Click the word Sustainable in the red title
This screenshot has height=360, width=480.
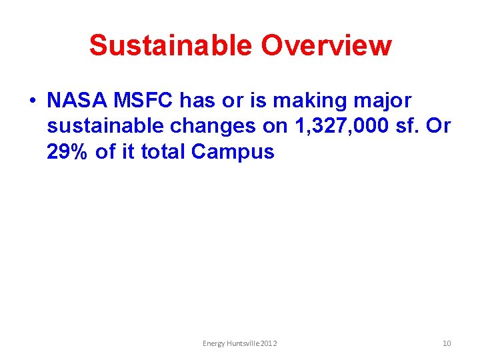tap(171, 45)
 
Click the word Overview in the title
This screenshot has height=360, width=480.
tap(327, 45)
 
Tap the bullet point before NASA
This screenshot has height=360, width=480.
tap(32, 101)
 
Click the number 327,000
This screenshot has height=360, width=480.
tap(336, 127)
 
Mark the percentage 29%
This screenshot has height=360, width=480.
tap(69, 151)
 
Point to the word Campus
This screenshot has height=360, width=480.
tap(233, 153)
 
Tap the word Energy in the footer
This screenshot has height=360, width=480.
tap(213, 343)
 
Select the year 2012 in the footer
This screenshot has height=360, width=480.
tap(269, 343)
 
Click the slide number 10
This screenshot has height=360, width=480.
tap(447, 343)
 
